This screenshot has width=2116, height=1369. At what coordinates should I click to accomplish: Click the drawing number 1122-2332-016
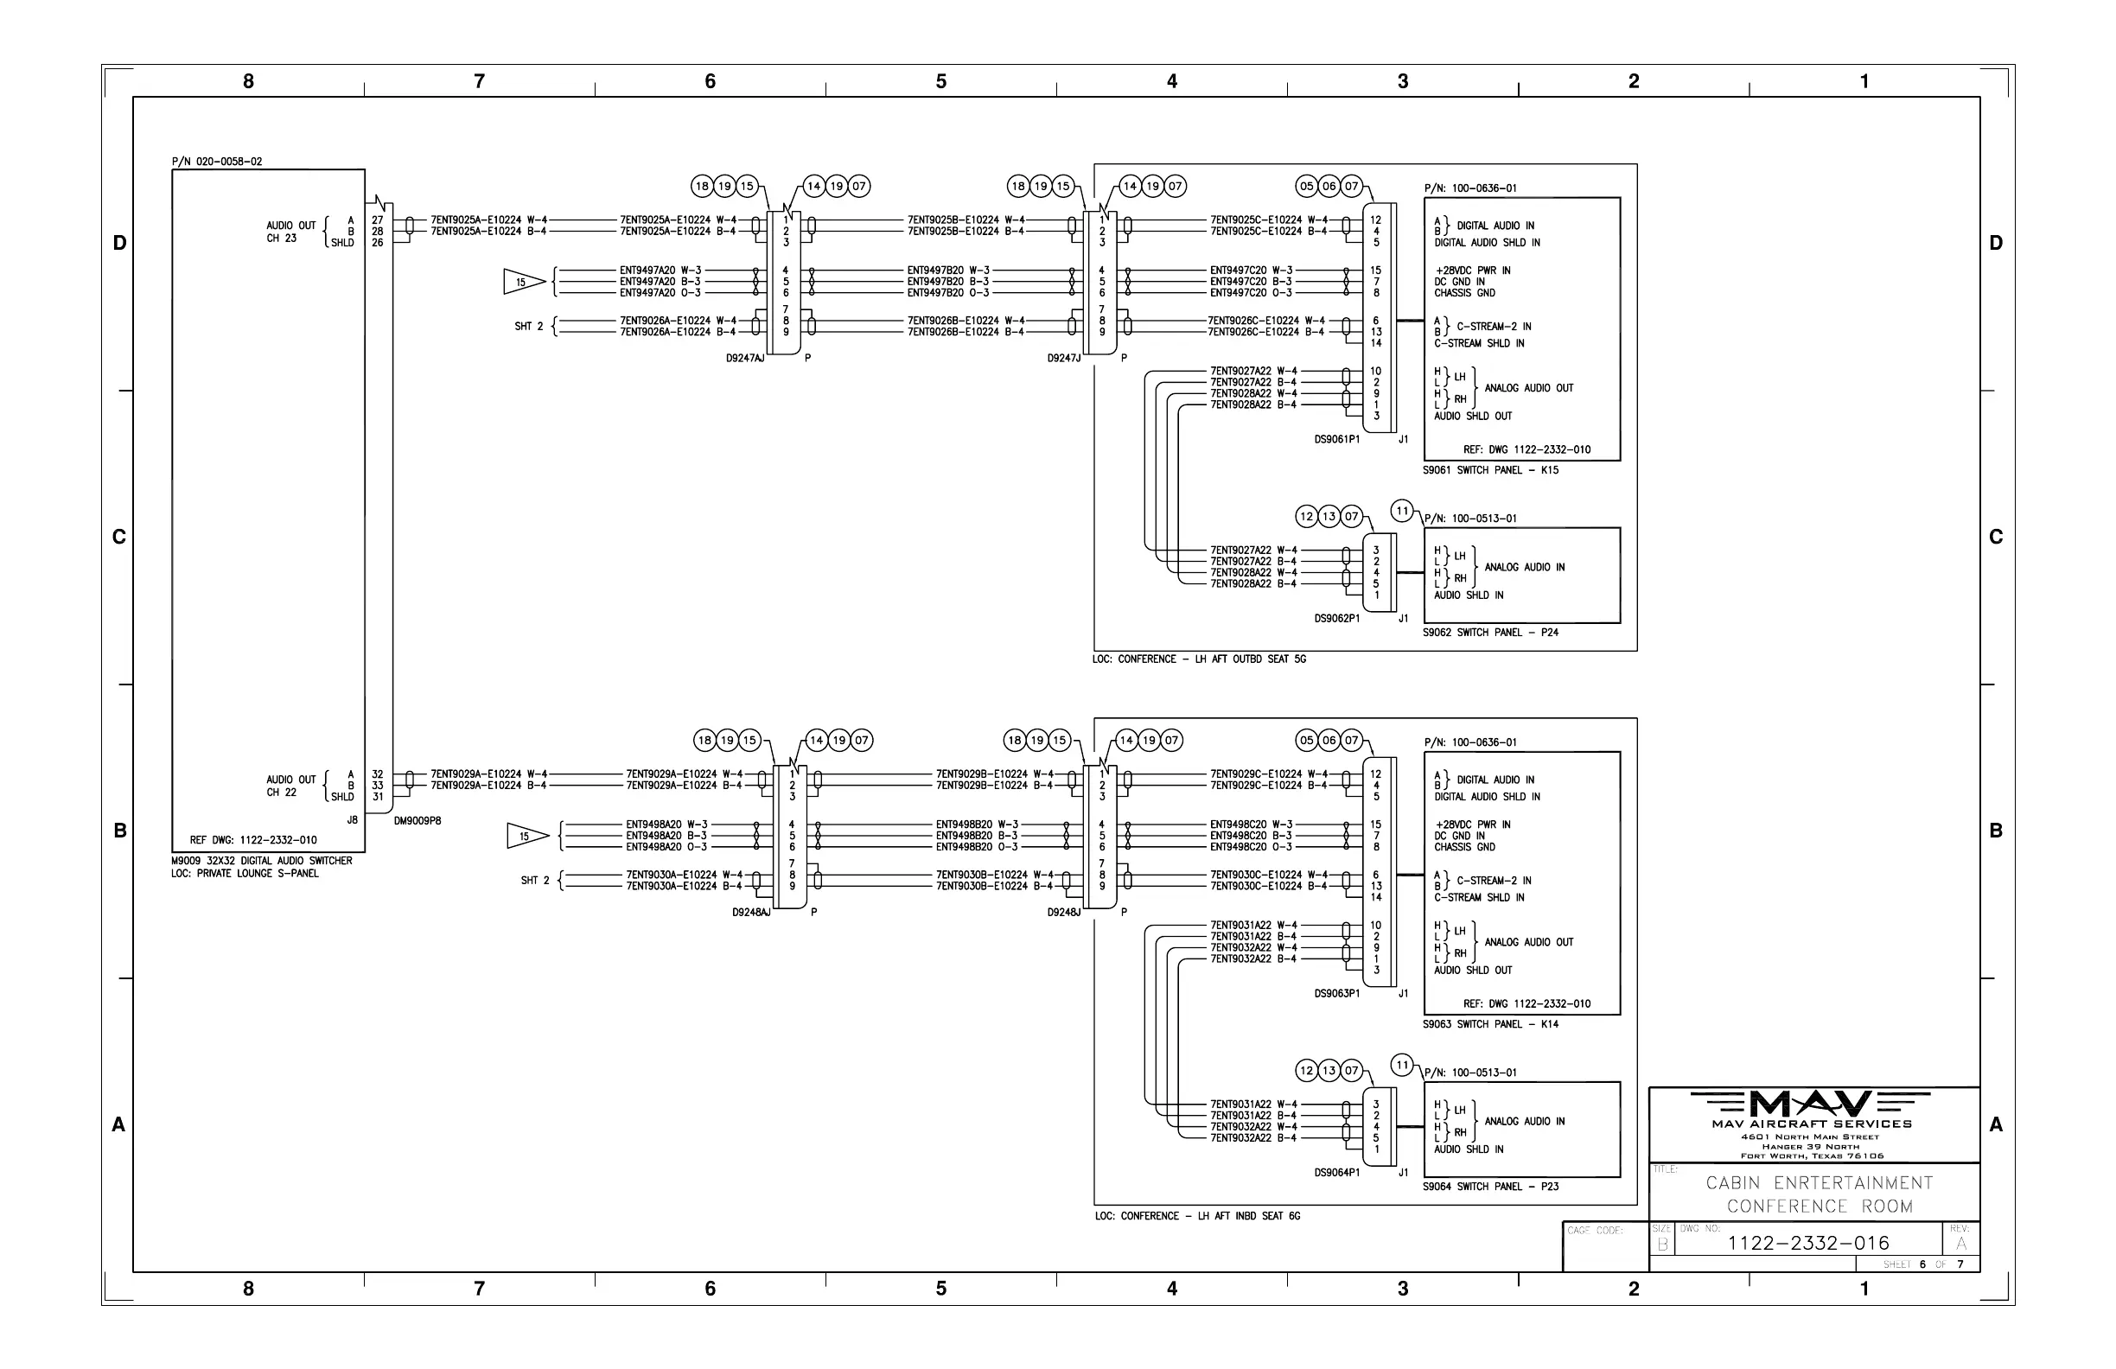coord(1807,1243)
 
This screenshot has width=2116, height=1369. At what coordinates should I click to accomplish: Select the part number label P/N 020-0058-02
coord(217,162)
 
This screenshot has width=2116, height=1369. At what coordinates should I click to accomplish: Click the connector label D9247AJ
coord(745,359)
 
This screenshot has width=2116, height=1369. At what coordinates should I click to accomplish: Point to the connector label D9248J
coord(1063,912)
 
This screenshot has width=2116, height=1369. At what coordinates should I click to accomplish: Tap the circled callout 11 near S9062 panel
coord(1402,511)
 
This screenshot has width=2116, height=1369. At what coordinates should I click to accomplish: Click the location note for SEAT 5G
coord(1200,659)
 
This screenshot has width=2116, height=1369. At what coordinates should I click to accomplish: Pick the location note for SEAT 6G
coord(1197,1216)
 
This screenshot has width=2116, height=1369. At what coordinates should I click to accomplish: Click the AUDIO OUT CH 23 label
coord(290,232)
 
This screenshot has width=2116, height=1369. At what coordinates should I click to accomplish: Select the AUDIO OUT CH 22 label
coord(290,786)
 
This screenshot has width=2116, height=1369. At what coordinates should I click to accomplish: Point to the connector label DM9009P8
coord(417,820)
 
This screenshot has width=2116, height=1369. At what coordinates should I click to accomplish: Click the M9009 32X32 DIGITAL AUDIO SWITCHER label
coord(261,861)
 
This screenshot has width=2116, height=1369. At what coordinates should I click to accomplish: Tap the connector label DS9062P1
coord(1337,619)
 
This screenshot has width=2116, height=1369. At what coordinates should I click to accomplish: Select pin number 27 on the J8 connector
coord(378,220)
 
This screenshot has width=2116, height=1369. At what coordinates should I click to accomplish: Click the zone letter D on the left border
coord(119,244)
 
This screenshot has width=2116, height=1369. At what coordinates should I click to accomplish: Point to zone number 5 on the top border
coord(940,82)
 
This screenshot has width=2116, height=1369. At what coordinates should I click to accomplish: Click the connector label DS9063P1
coord(1337,994)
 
